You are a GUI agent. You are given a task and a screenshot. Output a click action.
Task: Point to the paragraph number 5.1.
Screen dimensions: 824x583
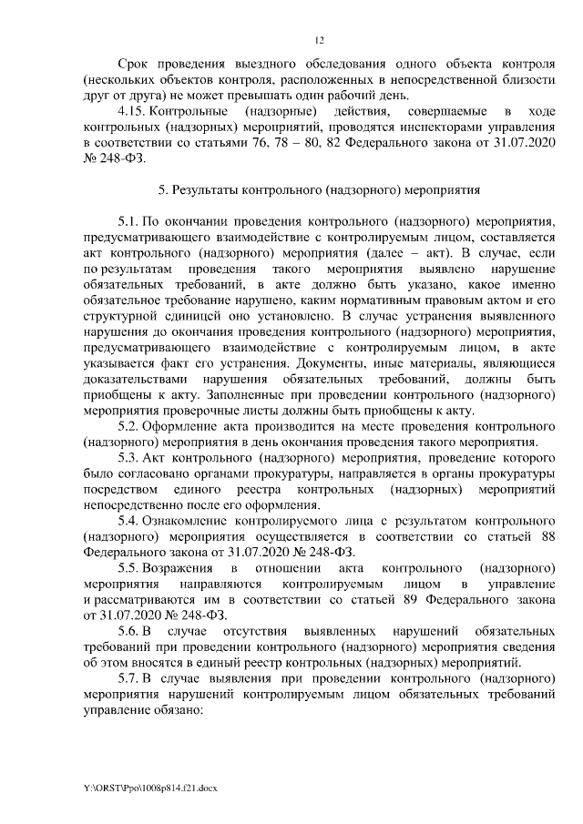pyautogui.click(x=129, y=221)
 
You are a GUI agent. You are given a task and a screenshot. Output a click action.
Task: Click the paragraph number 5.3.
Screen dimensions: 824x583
pyautogui.click(x=129, y=458)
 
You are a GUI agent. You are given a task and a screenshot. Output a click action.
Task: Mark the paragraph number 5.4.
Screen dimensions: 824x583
pyautogui.click(x=129, y=521)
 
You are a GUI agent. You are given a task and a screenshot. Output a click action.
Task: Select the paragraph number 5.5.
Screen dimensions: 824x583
pyautogui.click(x=129, y=568)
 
